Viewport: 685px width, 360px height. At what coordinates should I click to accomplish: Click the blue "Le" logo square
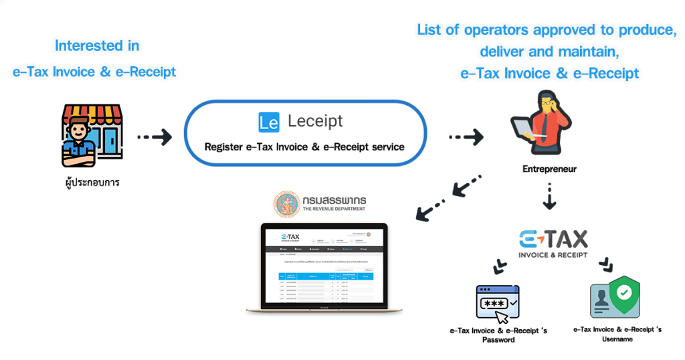pos(268,122)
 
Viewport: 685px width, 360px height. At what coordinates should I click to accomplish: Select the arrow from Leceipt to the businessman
pos(466,137)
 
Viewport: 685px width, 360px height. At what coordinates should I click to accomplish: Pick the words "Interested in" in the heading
pos(98,46)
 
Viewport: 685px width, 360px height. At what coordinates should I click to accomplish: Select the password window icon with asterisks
pos(496,300)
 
